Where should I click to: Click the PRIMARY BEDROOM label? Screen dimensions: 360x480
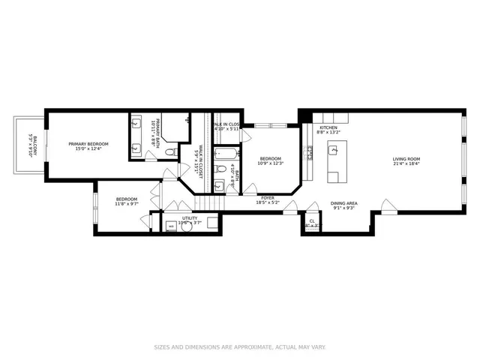pyautogui.click(x=88, y=144)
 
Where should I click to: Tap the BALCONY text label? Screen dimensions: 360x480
pyautogui.click(x=31, y=143)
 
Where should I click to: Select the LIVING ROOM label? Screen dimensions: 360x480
pyautogui.click(x=406, y=159)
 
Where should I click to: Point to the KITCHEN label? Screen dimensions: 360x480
pyautogui.click(x=328, y=128)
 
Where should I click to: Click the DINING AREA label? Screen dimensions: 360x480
pyautogui.click(x=343, y=203)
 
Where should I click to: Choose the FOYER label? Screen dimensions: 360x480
pyautogui.click(x=268, y=199)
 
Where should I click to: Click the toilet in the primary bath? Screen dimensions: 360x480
pyautogui.click(x=171, y=152)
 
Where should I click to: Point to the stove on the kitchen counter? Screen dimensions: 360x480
pyautogui.click(x=309, y=153)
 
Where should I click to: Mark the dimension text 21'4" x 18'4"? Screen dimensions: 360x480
pyautogui.click(x=406, y=164)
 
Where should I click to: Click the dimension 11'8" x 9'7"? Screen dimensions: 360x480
pyautogui.click(x=126, y=203)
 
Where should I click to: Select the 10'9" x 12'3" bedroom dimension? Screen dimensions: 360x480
pyautogui.click(x=270, y=164)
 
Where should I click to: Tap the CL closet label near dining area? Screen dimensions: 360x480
pyautogui.click(x=312, y=220)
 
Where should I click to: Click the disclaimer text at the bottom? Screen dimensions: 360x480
pyautogui.click(x=240, y=346)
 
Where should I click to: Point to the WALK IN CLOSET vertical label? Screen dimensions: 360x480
pyautogui.click(x=199, y=158)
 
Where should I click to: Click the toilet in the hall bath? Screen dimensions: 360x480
pyautogui.click(x=218, y=186)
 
